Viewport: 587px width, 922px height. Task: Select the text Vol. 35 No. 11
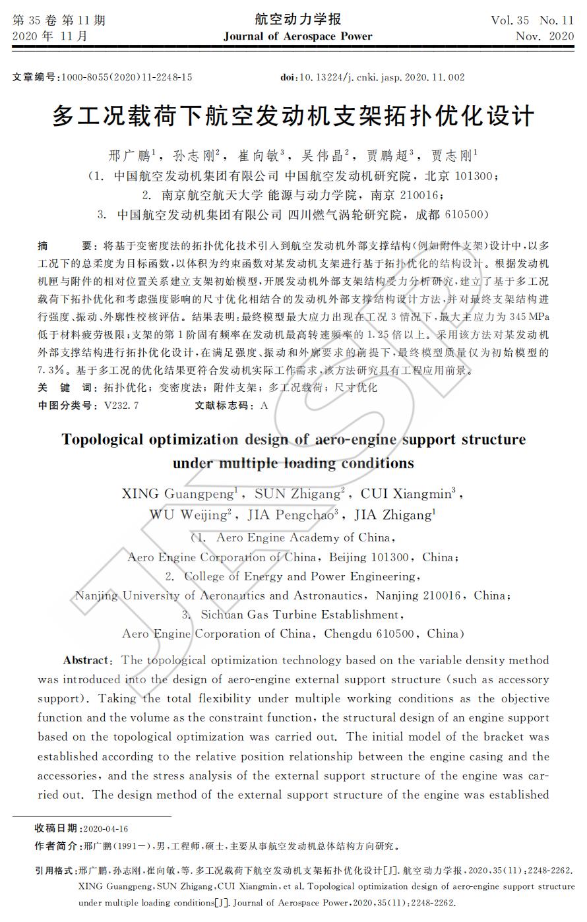pyautogui.click(x=532, y=20)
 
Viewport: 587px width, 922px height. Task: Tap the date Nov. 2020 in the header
pyautogui.click(x=545, y=36)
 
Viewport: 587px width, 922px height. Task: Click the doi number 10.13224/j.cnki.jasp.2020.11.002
pyautogui.click(x=383, y=77)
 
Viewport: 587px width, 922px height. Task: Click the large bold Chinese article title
pyautogui.click(x=293, y=117)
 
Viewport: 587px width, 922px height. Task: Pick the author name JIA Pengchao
pyautogui.click(x=293, y=514)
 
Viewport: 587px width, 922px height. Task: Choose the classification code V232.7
pyautogui.click(x=121, y=406)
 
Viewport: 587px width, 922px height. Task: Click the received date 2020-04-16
pyautogui.click(x=107, y=829)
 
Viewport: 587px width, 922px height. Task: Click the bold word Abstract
pyautogui.click(x=86, y=660)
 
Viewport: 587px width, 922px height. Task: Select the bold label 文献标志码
pyautogui.click(x=224, y=406)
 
